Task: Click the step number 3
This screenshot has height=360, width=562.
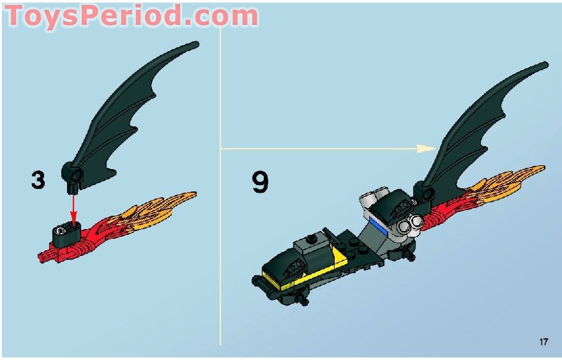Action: coord(38,180)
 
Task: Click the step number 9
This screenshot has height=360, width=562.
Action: coord(260,182)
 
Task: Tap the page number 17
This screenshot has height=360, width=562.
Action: coord(543,342)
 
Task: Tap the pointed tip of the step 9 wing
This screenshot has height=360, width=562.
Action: coord(545,64)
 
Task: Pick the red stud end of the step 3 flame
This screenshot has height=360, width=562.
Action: coord(43,256)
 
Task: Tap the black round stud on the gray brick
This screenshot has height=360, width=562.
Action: coord(311,239)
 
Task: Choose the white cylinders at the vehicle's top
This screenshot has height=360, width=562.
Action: coord(372,195)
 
